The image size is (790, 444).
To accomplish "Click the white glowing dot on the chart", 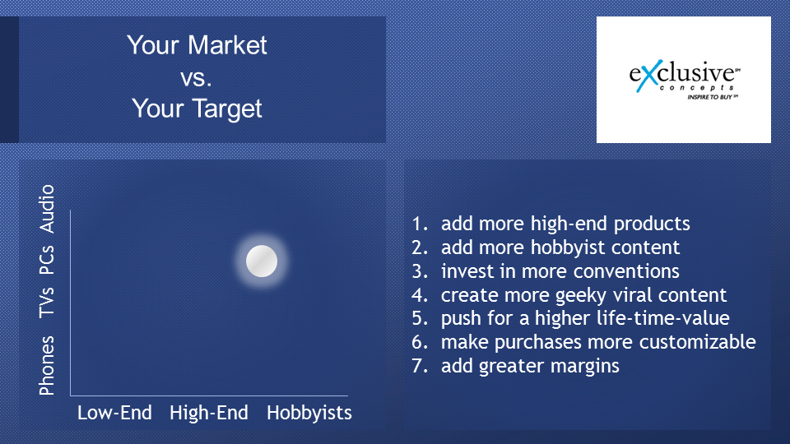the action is (262, 261).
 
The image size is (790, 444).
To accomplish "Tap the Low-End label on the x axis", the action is (114, 413).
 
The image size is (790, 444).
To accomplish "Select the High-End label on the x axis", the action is (208, 414).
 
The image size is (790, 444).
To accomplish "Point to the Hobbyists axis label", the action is (309, 414).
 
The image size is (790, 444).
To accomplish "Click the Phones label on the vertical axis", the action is (46, 365).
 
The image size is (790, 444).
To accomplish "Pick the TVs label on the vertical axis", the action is (46, 303).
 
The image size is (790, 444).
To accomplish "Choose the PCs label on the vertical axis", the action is (46, 260).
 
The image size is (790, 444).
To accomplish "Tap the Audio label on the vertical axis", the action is (46, 209).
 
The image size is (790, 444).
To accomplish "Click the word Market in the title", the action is (227, 45).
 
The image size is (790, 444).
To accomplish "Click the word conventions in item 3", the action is (626, 271).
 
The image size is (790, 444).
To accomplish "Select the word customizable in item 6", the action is (697, 342).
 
